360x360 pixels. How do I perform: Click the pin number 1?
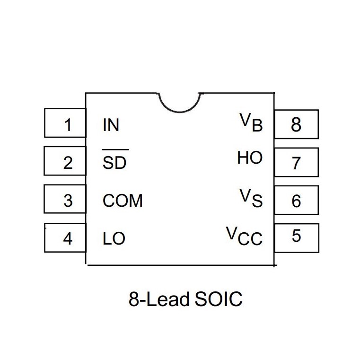68,125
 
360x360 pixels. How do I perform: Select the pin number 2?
68,163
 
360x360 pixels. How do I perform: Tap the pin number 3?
68,201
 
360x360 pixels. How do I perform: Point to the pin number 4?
68,238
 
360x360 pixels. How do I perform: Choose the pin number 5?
297,236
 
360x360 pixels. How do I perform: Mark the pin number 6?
297,201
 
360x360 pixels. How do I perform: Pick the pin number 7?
296,163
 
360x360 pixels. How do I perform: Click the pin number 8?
296,125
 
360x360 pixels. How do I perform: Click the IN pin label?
111,125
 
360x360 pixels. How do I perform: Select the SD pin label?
114,163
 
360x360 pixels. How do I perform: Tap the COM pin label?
123,201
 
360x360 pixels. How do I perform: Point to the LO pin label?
114,238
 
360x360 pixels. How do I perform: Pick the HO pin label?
250,158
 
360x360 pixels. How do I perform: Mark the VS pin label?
251,198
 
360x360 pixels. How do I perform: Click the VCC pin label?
244,236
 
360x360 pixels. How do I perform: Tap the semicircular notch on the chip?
179,112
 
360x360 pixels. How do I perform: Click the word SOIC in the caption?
219,299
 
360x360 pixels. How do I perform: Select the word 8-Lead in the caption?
159,299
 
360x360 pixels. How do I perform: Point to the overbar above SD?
115,149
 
